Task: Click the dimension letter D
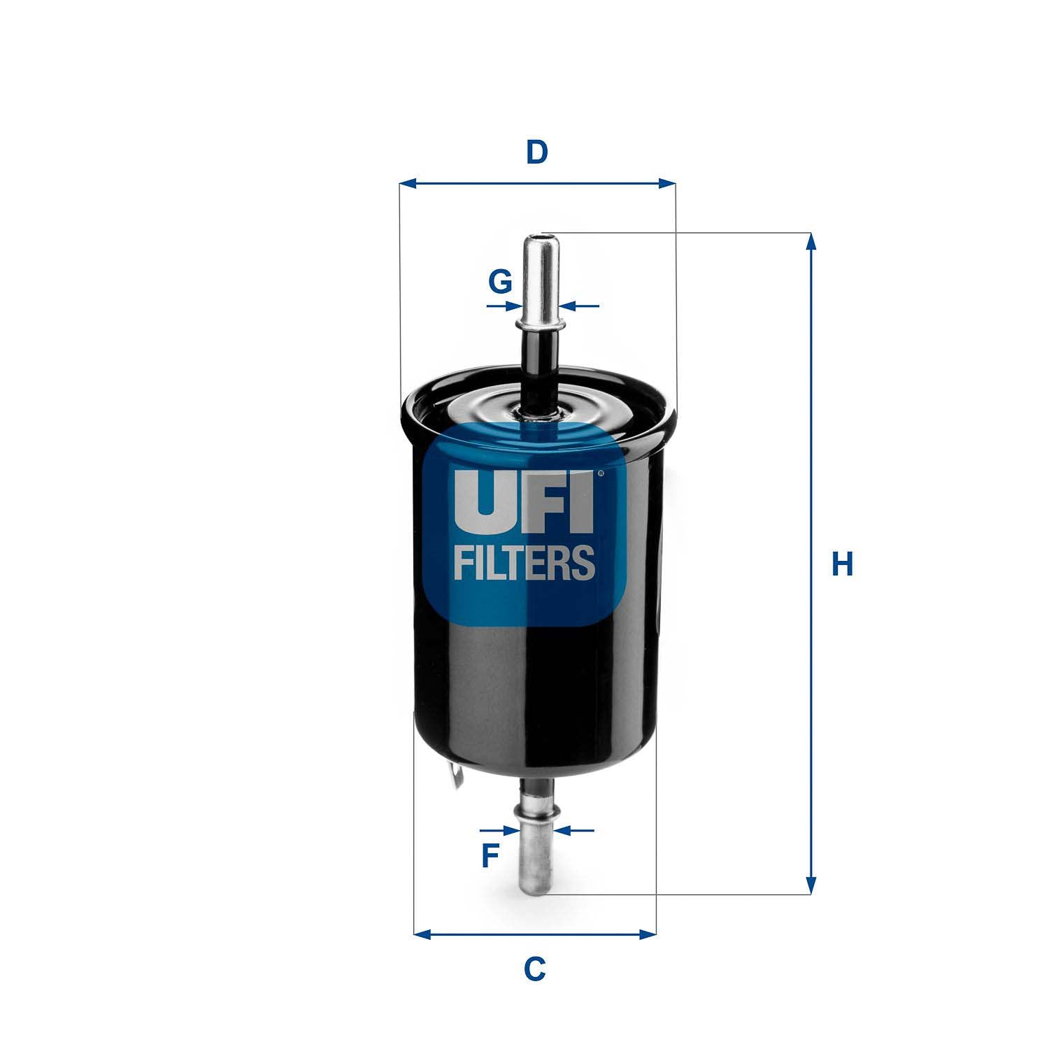click(x=536, y=152)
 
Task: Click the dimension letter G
click(x=500, y=282)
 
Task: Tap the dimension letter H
click(x=842, y=564)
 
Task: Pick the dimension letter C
click(x=535, y=969)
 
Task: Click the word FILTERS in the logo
click(x=524, y=563)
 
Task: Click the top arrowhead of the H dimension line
click(x=811, y=241)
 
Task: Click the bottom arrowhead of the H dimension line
click(x=811, y=885)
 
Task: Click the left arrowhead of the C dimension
click(x=422, y=934)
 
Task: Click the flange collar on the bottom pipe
click(x=536, y=811)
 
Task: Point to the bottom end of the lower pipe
click(x=536, y=887)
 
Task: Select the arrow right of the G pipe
click(x=570, y=306)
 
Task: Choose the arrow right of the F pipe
click(x=565, y=830)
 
